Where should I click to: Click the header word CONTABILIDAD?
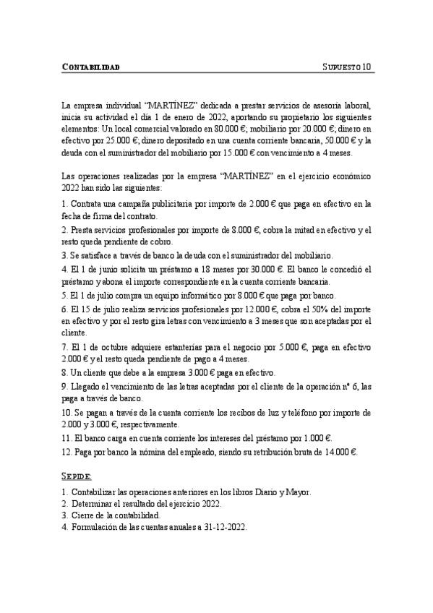point(90,67)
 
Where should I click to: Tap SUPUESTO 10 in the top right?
point(346,67)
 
